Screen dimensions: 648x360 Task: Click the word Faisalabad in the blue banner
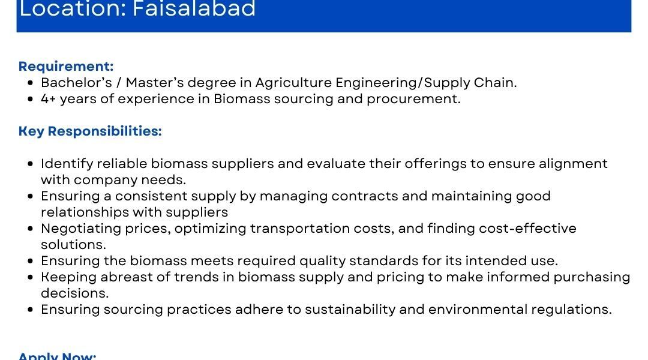(194, 9)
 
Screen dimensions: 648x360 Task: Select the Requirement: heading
(66, 67)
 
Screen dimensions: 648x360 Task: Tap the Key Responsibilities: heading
(90, 131)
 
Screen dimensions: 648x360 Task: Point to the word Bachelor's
(76, 83)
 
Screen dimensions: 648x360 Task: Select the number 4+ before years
(49, 99)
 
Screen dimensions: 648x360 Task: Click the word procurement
(413, 100)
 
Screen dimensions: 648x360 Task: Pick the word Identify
(67, 164)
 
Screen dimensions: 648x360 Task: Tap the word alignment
(573, 164)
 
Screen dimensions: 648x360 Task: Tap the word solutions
(73, 245)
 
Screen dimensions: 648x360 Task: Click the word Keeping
(68, 277)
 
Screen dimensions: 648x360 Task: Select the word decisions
(75, 293)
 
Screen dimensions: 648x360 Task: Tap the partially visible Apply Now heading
(58, 356)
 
